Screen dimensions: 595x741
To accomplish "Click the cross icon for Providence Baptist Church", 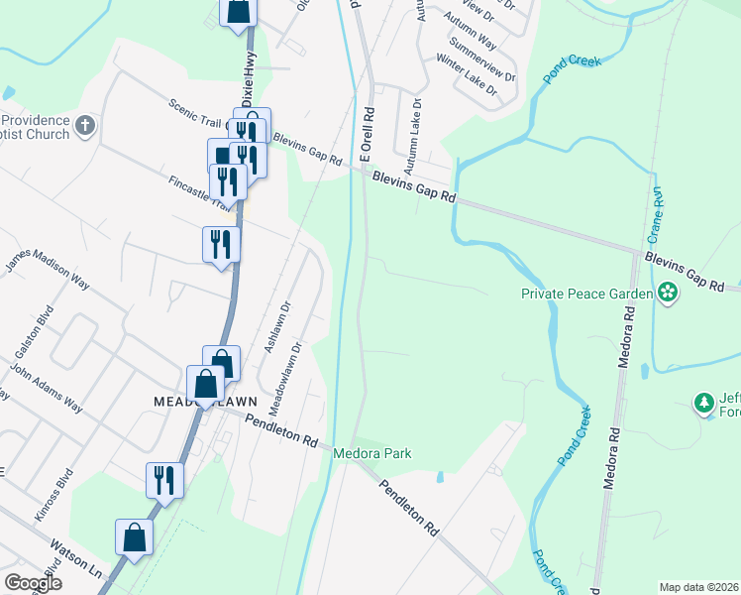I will pos(85,126).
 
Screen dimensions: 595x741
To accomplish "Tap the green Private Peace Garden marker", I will pos(668,293).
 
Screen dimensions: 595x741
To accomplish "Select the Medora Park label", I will pos(371,453).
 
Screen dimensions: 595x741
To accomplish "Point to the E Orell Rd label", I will pos(367,135).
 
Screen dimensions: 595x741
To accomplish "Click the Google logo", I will pos(32,583).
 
